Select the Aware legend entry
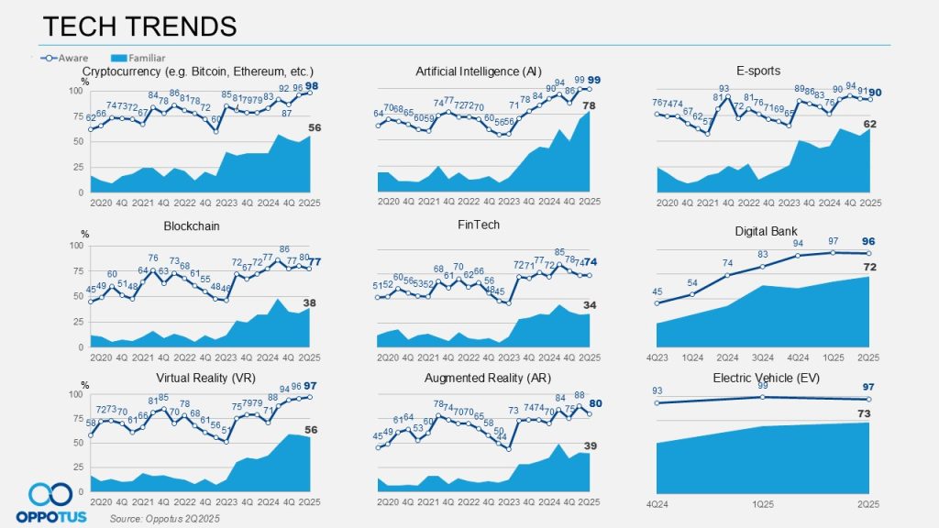68,57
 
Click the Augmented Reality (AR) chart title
481,377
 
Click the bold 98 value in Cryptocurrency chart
311,86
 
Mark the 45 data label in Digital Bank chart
658,293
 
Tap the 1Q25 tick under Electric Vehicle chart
762,503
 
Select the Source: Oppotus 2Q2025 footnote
164,519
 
